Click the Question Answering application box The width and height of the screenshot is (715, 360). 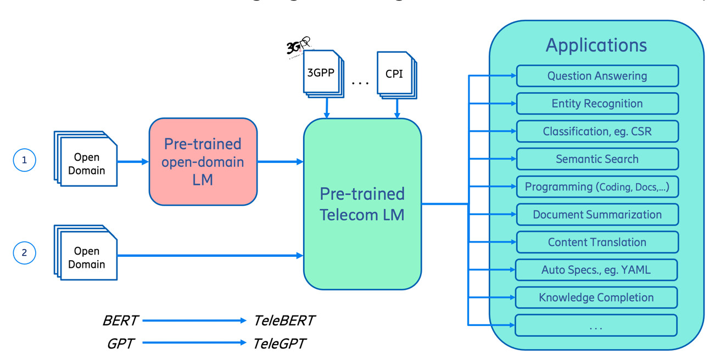pos(597,76)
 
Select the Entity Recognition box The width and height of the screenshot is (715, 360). pos(597,104)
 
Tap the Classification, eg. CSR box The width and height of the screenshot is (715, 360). pos(597,132)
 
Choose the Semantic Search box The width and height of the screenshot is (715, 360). pos(597,159)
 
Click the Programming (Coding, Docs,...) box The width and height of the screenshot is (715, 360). pos(597,187)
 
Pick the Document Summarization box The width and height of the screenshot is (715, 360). pos(597,215)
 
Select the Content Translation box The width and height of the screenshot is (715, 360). pos(597,242)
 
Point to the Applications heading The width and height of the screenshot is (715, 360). pos(596,45)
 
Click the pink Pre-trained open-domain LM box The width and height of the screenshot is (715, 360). pos(203,161)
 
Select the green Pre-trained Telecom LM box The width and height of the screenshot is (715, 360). pos(362,204)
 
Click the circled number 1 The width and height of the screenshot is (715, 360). pos(24,160)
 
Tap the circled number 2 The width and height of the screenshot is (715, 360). pos(24,253)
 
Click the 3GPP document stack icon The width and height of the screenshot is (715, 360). pos(322,74)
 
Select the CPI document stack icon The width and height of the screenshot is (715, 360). pos(396,74)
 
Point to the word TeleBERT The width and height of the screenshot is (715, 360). pos(284,320)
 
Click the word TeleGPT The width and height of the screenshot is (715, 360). pos(279,344)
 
